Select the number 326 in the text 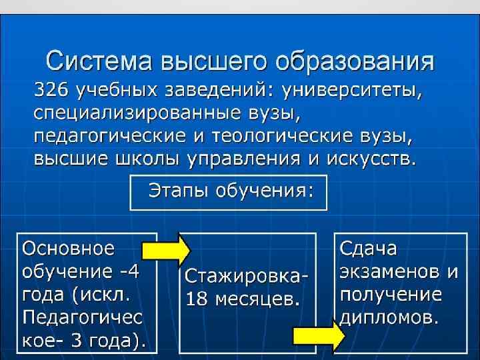tap(52, 89)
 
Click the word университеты tap(351, 89)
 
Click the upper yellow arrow tap(167, 249)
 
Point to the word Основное tap(69, 249)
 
